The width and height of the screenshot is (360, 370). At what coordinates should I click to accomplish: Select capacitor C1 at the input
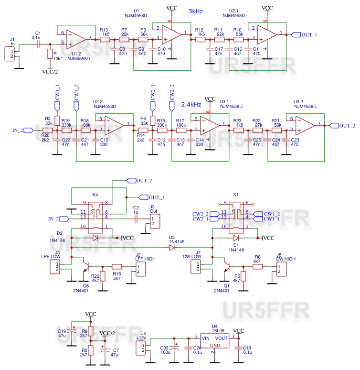pos(36,44)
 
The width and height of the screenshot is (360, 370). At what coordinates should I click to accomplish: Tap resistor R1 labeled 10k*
pos(50,54)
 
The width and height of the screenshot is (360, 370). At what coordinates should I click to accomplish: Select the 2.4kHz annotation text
pos(191,104)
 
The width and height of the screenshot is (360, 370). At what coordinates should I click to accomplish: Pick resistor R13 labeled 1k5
pos(105,39)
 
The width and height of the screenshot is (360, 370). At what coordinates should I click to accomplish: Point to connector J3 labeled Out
pos(154,221)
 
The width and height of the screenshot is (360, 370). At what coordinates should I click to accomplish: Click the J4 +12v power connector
pos(142,348)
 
